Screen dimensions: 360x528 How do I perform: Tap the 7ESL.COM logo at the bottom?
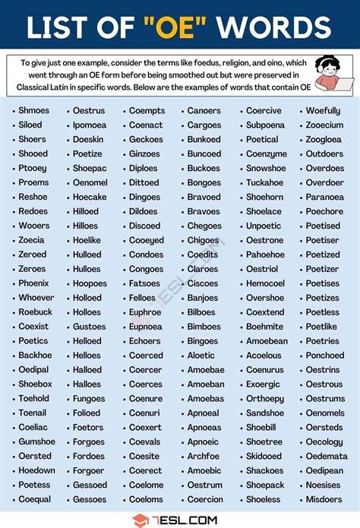coord(180,520)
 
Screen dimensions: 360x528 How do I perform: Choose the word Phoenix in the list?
coord(33,283)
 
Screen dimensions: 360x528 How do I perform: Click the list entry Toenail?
coord(34,413)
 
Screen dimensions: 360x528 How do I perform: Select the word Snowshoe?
coord(266,168)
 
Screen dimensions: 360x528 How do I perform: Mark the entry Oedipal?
coord(33,370)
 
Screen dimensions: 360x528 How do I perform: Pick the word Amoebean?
coord(267,341)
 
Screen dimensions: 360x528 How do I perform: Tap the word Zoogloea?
coord(324,139)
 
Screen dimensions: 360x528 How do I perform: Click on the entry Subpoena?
coord(265,125)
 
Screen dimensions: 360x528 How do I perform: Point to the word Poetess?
coord(34,485)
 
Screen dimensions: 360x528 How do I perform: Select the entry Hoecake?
coord(90,197)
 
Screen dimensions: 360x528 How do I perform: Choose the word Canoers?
coord(204,111)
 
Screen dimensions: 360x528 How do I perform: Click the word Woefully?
coord(323,111)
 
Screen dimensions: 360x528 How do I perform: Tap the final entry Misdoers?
coord(324,499)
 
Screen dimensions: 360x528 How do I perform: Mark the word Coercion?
coord(205,499)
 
